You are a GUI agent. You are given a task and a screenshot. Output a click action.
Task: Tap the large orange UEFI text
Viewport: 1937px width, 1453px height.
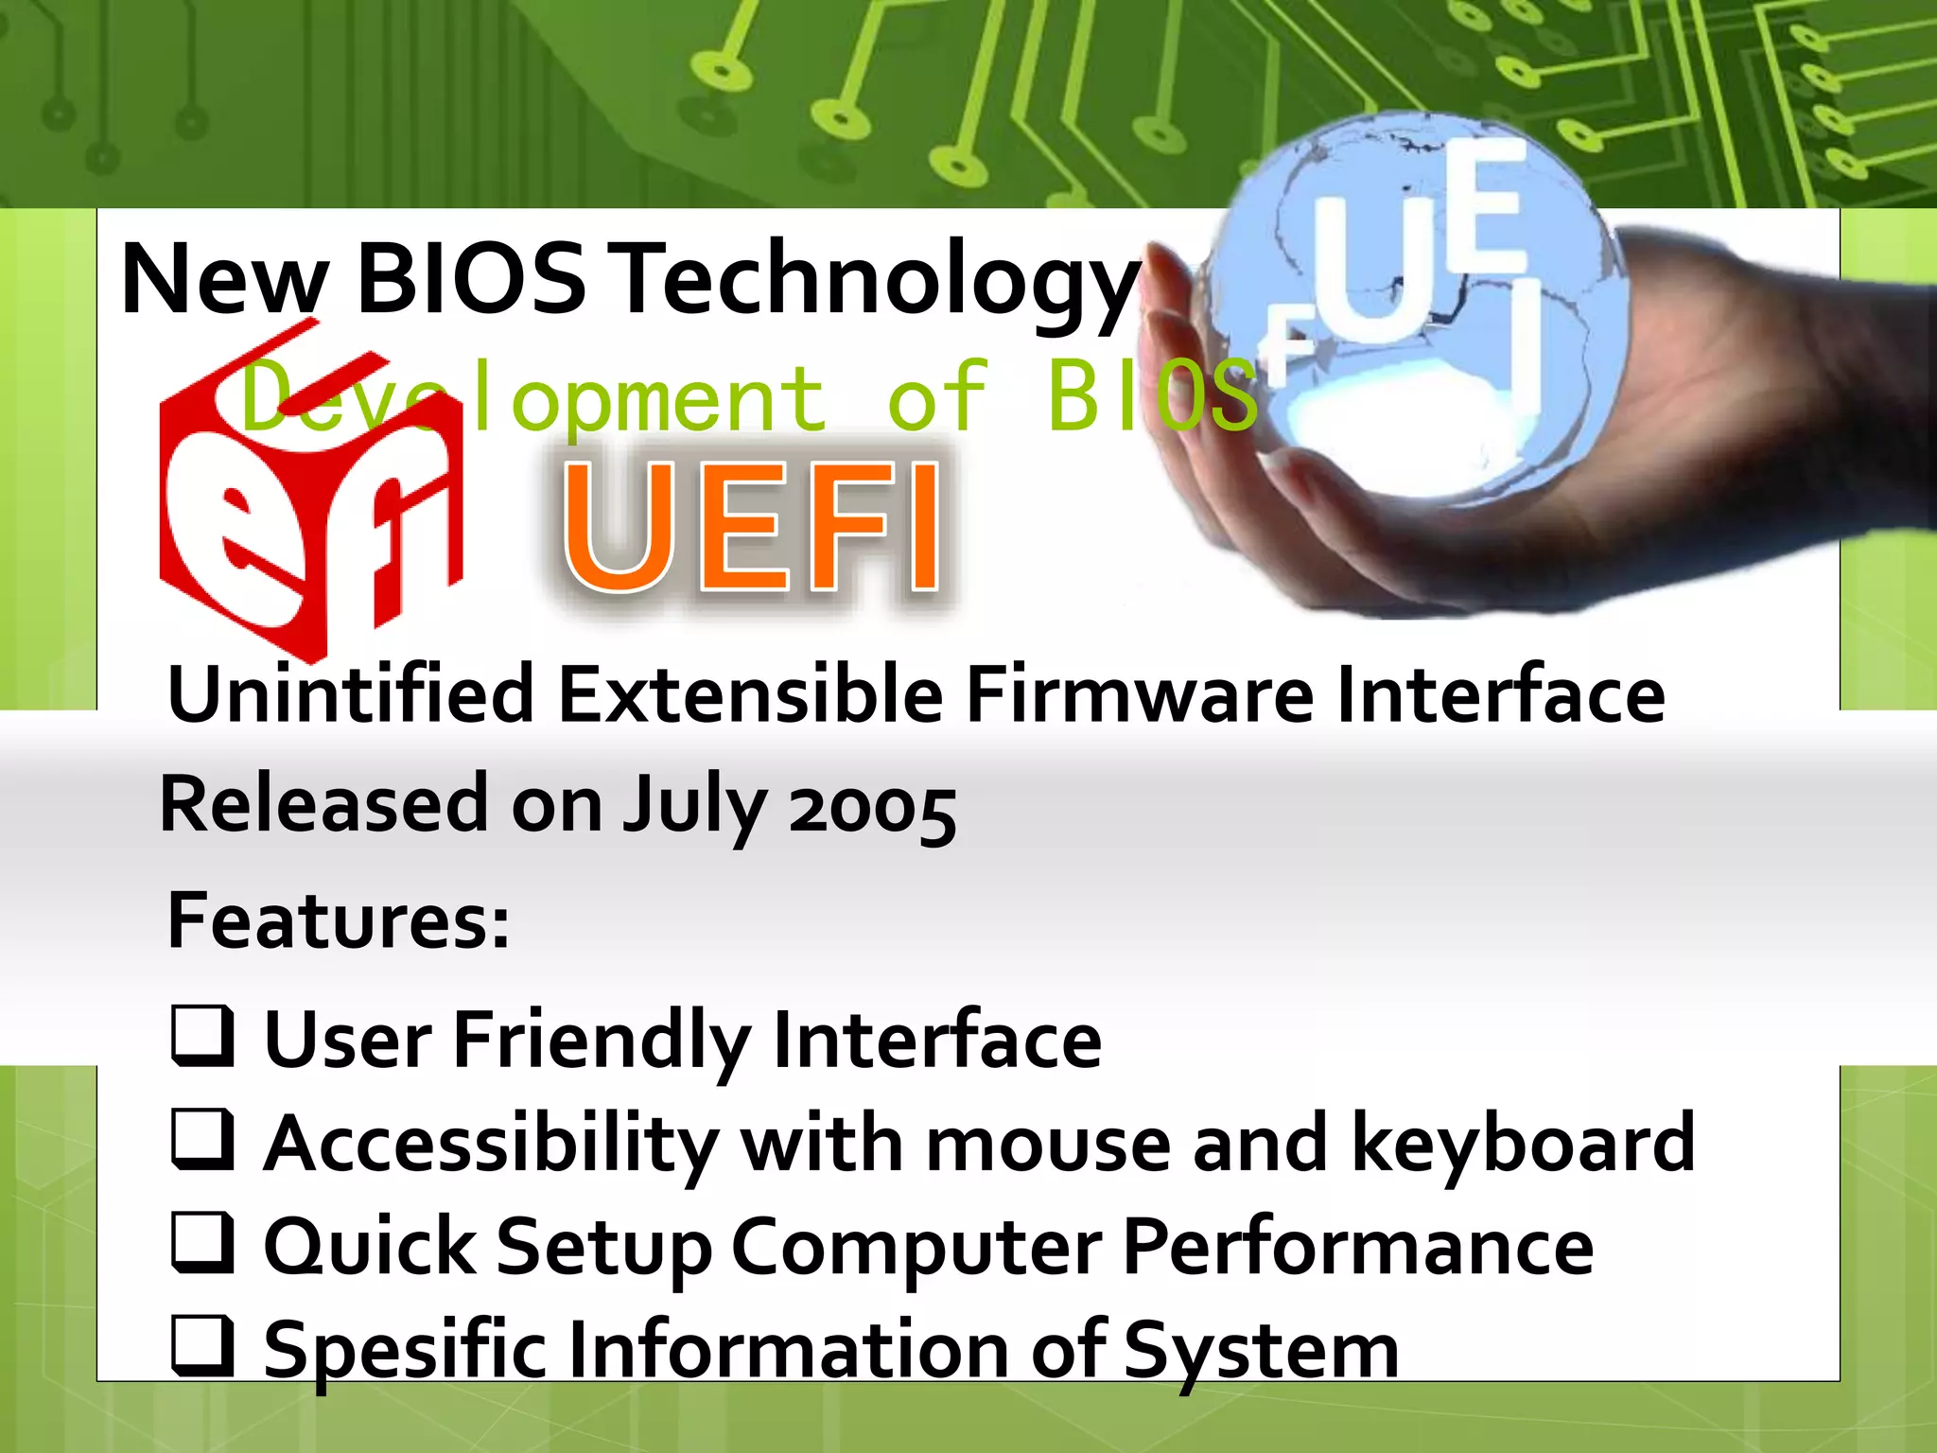point(752,527)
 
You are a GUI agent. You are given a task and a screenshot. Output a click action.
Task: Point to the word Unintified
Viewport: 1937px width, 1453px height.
point(350,694)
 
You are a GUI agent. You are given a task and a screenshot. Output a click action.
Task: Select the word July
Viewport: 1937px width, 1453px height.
point(694,808)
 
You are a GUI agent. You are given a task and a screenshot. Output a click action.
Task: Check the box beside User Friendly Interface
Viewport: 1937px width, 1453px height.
point(201,1036)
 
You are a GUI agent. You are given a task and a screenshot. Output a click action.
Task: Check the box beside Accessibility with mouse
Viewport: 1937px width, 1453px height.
point(201,1140)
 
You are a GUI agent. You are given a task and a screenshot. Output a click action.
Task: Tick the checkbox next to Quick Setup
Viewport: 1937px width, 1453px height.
point(201,1243)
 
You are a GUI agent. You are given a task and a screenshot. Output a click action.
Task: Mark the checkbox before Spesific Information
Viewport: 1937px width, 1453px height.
point(201,1346)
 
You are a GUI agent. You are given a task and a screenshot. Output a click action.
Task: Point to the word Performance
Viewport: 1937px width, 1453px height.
point(1358,1247)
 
